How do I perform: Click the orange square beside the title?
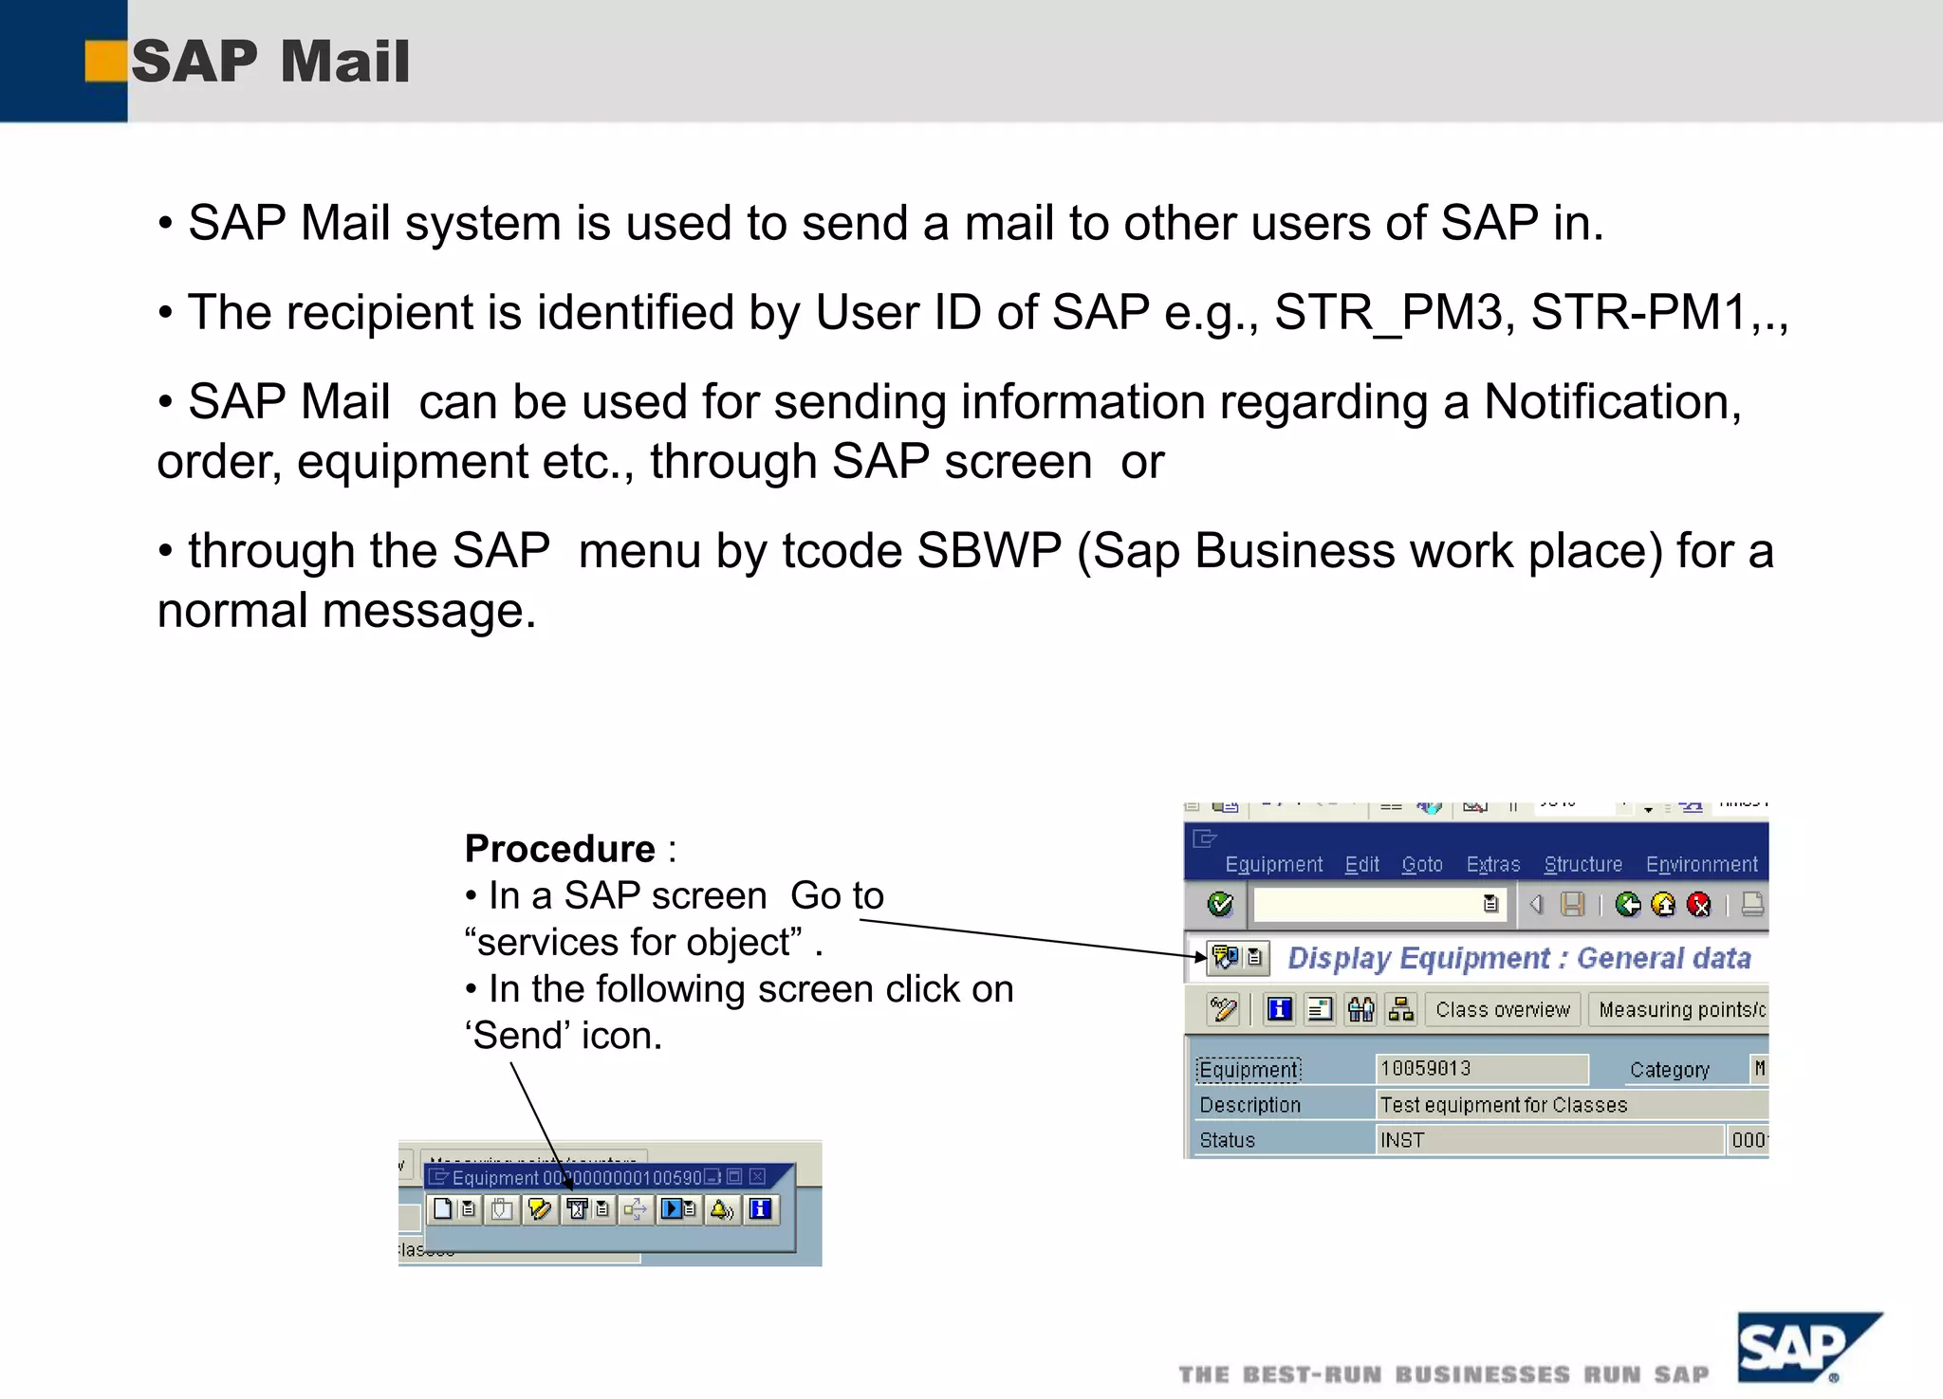click(105, 61)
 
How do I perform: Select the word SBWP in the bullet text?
click(989, 551)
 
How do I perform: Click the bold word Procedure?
click(560, 848)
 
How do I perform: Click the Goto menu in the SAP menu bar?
click(1421, 864)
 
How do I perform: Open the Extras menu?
click(1492, 864)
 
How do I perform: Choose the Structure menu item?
click(1582, 864)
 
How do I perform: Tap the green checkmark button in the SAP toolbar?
click(1220, 904)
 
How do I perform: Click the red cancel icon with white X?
click(1699, 905)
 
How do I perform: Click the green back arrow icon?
click(1627, 905)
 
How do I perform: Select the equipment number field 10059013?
click(1480, 1069)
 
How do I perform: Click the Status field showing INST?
click(1548, 1140)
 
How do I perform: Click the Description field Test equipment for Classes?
click(1570, 1105)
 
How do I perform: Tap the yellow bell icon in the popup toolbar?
click(722, 1209)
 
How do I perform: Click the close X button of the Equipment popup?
click(757, 1177)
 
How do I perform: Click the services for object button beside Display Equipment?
click(1226, 957)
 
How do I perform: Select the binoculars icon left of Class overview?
click(1360, 1010)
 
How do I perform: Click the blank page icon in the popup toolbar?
click(442, 1209)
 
